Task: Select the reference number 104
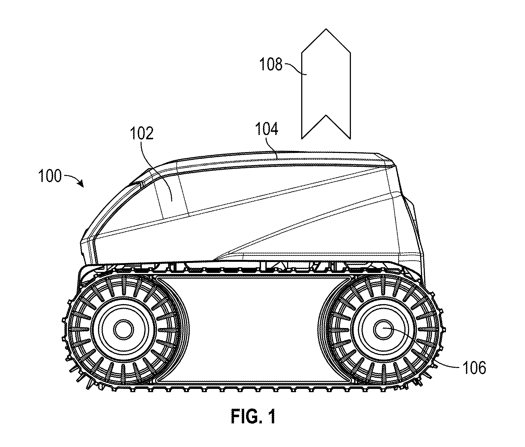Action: pyautogui.click(x=266, y=129)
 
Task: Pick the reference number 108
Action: pyautogui.click(x=271, y=65)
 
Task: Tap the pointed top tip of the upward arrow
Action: pyautogui.click(x=326, y=29)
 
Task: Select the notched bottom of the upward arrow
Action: pyautogui.click(x=326, y=127)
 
